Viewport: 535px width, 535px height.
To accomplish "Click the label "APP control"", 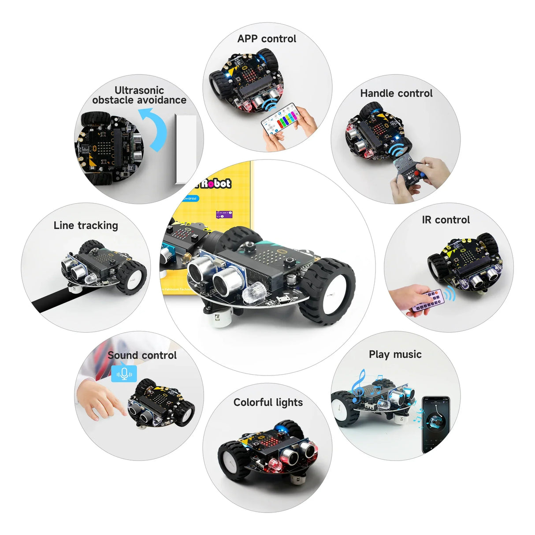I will (x=267, y=39).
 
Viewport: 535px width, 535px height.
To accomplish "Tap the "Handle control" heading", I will (x=396, y=93).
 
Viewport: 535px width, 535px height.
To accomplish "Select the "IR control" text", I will (x=446, y=220).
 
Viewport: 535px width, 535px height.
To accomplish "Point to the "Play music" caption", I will (x=395, y=354).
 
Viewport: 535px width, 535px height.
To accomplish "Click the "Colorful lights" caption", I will (x=268, y=402).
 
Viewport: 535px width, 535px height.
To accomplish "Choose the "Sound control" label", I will (x=142, y=355).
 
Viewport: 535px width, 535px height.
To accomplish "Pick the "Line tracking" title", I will (x=86, y=226).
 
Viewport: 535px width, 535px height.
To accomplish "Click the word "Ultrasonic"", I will (x=139, y=90).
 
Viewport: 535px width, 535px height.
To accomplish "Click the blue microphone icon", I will (x=124, y=374).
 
